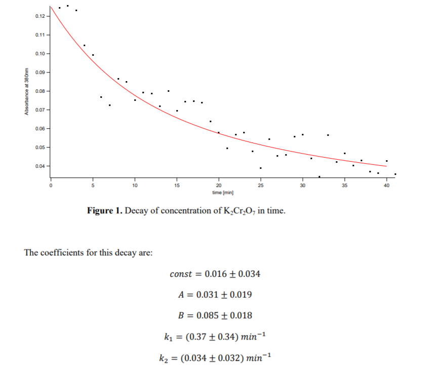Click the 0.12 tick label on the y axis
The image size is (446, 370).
pyautogui.click(x=40, y=16)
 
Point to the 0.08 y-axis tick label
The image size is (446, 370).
pyautogui.click(x=40, y=91)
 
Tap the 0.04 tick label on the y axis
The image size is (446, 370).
pyautogui.click(x=40, y=166)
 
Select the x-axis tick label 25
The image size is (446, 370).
pyautogui.click(x=261, y=187)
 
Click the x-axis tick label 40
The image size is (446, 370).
pyautogui.click(x=387, y=187)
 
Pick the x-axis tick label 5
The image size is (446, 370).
pyautogui.click(x=93, y=187)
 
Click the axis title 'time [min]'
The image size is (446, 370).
pyautogui.click(x=223, y=193)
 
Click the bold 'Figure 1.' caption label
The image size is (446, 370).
pyautogui.click(x=104, y=211)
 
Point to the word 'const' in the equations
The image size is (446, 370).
pyautogui.click(x=181, y=274)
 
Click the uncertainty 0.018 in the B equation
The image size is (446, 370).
pyautogui.click(x=241, y=315)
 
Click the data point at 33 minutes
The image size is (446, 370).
pyautogui.click(x=328, y=135)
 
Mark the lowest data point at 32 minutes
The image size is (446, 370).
pyautogui.click(x=319, y=176)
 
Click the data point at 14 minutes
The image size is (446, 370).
pyautogui.click(x=168, y=91)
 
